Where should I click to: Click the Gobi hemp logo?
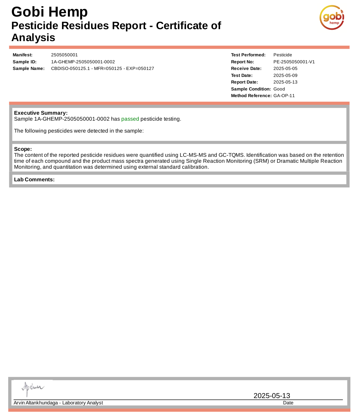pos(332,18)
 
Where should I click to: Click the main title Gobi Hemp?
pos(49,12)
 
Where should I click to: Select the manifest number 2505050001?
pos(64,55)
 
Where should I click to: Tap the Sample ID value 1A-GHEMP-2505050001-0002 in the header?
pos(83,62)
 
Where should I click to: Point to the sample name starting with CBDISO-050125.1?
pos(102,69)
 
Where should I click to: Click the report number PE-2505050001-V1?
pos(294,62)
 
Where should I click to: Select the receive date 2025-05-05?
pos(285,69)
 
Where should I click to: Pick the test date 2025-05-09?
pos(285,76)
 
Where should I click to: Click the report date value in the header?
pos(285,82)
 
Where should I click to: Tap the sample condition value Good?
pos(279,89)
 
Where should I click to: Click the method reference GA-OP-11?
pos(284,96)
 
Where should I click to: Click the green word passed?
pos(130,119)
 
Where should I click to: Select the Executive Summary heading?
pos(41,113)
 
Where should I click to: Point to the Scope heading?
pos(23,149)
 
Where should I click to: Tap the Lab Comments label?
pos(34,180)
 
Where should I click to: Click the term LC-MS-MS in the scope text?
pos(193,155)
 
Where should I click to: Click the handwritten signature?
pos(32,388)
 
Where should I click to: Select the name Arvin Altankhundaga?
pos(36,403)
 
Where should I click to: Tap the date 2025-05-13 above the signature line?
pos(272,396)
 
